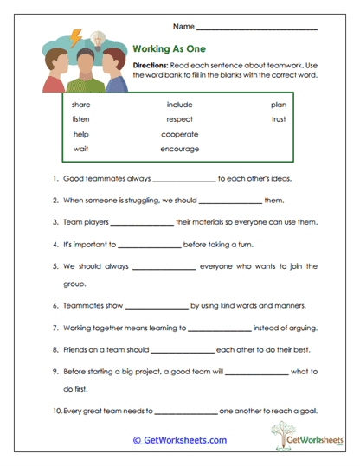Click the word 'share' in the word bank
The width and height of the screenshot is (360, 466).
(81, 105)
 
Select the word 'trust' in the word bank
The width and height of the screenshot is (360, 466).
(278, 119)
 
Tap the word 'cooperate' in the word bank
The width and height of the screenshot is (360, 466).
(179, 134)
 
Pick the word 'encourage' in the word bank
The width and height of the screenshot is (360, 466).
(179, 149)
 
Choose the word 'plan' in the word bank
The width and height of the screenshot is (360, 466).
(278, 105)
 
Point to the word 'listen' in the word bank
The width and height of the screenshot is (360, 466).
(81, 119)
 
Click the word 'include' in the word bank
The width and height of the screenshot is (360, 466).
(179, 105)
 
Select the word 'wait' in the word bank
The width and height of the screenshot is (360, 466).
(80, 149)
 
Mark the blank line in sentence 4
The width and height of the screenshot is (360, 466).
(149, 246)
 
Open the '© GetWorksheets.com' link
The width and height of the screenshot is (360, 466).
(179, 440)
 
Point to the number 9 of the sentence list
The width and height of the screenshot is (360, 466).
(55, 373)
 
